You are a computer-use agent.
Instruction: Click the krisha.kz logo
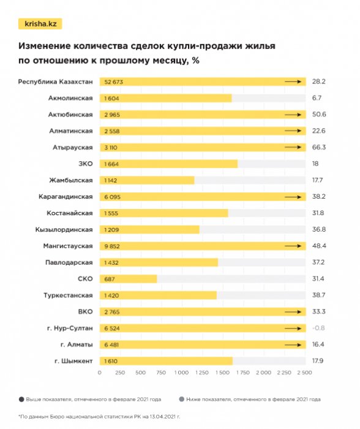[x=40, y=24]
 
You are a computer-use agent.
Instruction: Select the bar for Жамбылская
[x=147, y=180]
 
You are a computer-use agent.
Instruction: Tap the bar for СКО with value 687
[x=128, y=279]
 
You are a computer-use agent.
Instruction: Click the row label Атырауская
[x=72, y=147]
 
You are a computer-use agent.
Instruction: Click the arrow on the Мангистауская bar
[x=293, y=246]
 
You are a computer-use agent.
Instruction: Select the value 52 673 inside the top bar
[x=114, y=82]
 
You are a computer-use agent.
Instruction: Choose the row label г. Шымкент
[x=72, y=361]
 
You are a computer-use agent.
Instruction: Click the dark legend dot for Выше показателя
[x=22, y=399]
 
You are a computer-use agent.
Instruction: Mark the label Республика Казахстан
[x=56, y=82]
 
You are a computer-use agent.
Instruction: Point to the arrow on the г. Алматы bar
[x=293, y=344]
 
